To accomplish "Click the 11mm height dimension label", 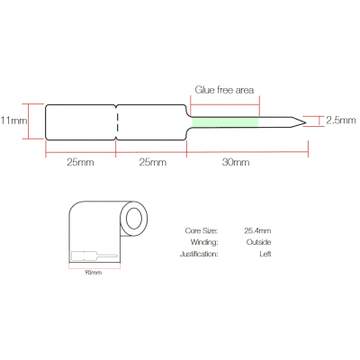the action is pyautogui.click(x=13, y=121).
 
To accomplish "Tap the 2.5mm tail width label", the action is pyautogui.click(x=341, y=121).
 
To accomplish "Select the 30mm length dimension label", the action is pyautogui.click(x=236, y=162).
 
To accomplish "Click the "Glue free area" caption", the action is pyautogui.click(x=224, y=90).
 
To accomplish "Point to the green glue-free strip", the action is pyautogui.click(x=225, y=121).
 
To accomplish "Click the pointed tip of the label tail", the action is pyautogui.click(x=306, y=122).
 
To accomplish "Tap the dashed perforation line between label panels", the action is pyautogui.click(x=117, y=122).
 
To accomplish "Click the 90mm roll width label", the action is pyautogui.click(x=93, y=273).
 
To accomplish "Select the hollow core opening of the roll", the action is pyautogui.click(x=134, y=219).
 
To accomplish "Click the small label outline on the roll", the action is pyautogui.click(x=94, y=256).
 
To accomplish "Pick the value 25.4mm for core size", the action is pyautogui.click(x=257, y=230).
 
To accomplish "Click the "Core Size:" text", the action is pyautogui.click(x=202, y=230).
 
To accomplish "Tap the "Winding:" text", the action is pyautogui.click(x=204, y=242).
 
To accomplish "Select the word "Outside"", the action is pyautogui.click(x=258, y=242).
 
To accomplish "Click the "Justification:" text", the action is pyautogui.click(x=199, y=254).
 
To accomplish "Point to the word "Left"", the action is pyautogui.click(x=265, y=254).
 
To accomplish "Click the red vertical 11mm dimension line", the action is pyautogui.click(x=29, y=121).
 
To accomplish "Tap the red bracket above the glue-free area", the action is pyautogui.click(x=225, y=104).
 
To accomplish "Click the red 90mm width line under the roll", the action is pyautogui.click(x=94, y=268).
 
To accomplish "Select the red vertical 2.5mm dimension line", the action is pyautogui.click(x=319, y=121).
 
